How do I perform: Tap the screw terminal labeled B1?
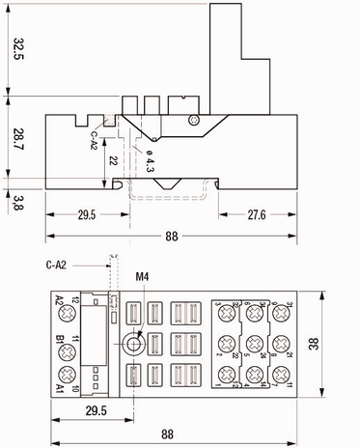coord(67,343)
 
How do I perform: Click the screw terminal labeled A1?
coord(67,374)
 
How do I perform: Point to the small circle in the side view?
coord(194,120)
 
